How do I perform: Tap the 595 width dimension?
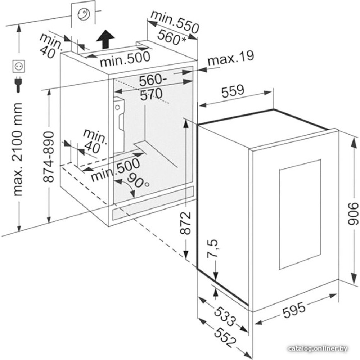(294, 310)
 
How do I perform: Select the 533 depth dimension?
(225, 316)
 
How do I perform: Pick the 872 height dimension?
(185, 223)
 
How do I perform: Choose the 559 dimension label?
(233, 90)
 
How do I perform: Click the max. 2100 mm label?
(18, 150)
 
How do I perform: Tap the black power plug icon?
(18, 85)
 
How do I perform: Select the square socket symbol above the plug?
(18, 66)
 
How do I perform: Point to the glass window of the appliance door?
(300, 214)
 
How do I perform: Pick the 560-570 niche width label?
(152, 87)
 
